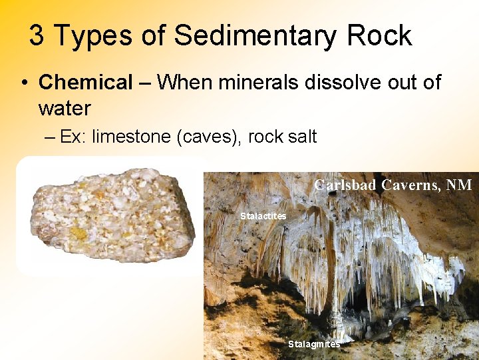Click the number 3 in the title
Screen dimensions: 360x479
37,35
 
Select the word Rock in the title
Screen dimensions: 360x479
379,35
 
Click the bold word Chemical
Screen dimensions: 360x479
86,83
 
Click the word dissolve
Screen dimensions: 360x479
347,83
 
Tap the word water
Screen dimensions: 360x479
65,107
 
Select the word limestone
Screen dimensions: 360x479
131,137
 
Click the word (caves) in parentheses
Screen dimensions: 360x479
209,138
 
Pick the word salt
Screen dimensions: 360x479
303,137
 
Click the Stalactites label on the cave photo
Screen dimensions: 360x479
263,216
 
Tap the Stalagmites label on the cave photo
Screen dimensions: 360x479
313,344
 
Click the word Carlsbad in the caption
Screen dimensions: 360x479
345,185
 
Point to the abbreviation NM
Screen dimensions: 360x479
459,185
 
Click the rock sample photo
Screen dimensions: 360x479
113,215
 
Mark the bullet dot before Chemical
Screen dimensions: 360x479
24,83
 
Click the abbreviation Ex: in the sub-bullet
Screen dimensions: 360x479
73,137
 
